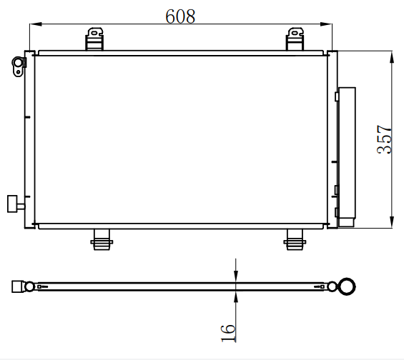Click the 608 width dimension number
pyautogui.click(x=180, y=16)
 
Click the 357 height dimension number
pyautogui.click(x=384, y=139)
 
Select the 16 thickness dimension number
pyautogui.click(x=228, y=334)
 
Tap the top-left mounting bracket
pyautogui.click(x=94, y=39)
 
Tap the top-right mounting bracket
pyautogui.click(x=295, y=39)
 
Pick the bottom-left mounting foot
pyautogui.click(x=102, y=240)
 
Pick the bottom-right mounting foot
pyautogui.click(x=295, y=240)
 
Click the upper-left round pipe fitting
pyautogui.click(x=19, y=66)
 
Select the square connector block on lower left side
pyautogui.click(x=12, y=204)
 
